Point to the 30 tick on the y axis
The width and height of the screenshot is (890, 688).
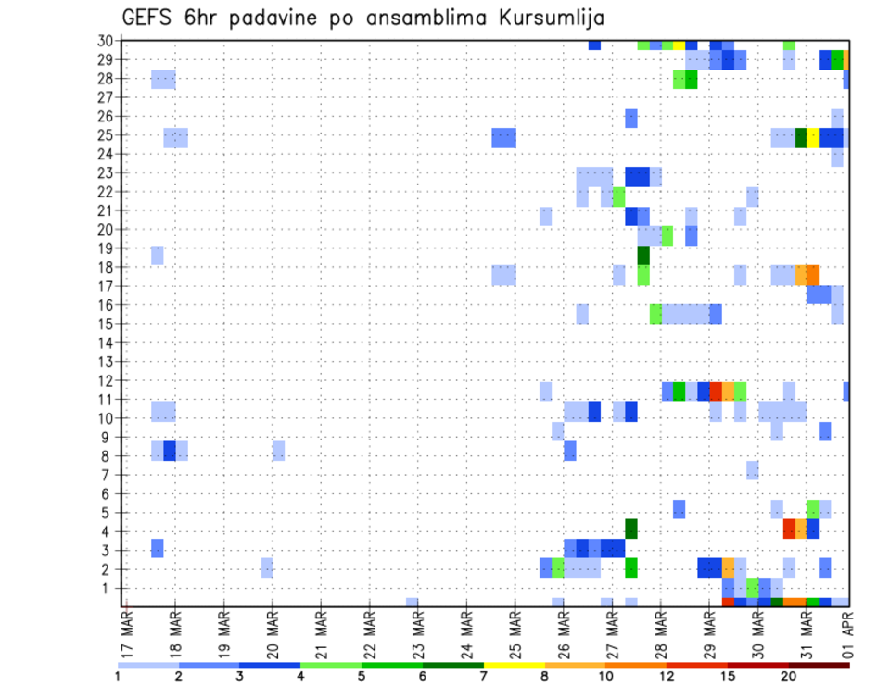point(105,41)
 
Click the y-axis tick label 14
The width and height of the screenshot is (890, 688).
point(105,342)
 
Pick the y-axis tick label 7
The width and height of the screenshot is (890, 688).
point(108,475)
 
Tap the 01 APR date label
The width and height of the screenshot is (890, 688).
point(848,634)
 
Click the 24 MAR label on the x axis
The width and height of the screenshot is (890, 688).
point(466,634)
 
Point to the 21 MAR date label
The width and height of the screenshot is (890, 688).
point(321,634)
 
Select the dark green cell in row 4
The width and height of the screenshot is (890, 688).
point(631,529)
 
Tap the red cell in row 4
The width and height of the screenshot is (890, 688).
point(789,529)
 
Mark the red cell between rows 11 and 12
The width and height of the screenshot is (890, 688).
point(716,390)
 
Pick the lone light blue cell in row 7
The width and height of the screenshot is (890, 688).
point(753,470)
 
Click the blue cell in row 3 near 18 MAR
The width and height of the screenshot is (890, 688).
point(158,548)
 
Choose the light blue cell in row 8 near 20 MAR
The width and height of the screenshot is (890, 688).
point(278,451)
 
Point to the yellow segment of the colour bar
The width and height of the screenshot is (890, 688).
point(515,665)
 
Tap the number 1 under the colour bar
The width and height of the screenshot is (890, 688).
point(118,676)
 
